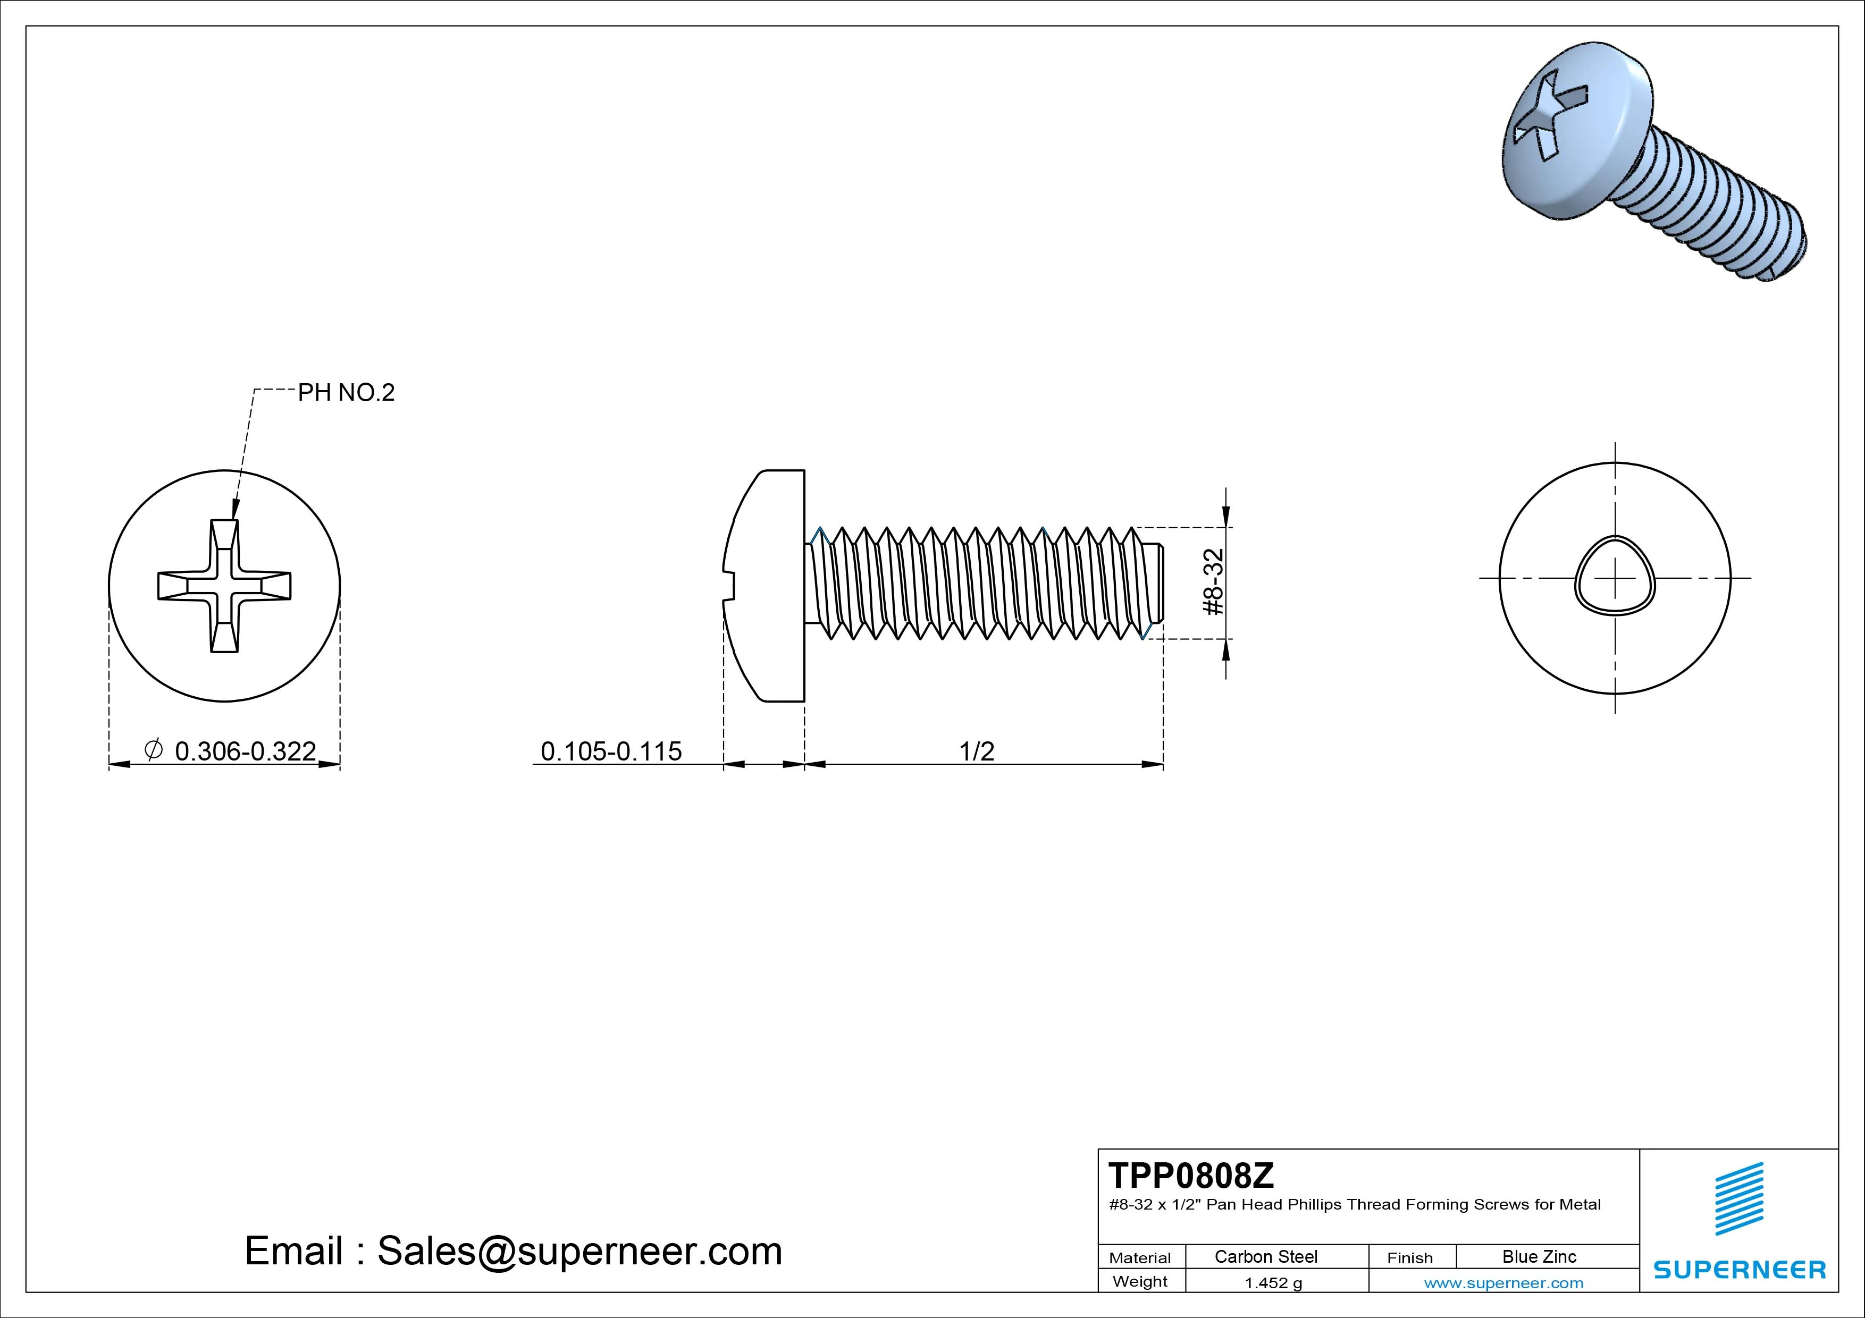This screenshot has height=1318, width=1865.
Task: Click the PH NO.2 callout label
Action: click(346, 393)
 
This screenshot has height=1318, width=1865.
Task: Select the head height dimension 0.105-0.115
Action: click(611, 751)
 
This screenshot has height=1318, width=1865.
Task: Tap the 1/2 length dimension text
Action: click(977, 751)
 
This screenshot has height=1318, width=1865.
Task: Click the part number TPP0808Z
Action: click(1191, 1175)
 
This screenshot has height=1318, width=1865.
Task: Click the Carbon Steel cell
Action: click(1265, 1256)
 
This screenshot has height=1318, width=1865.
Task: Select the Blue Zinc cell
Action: click(1539, 1256)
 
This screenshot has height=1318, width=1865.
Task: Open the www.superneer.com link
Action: click(1503, 1283)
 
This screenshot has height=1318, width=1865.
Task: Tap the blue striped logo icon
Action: click(1739, 1198)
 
